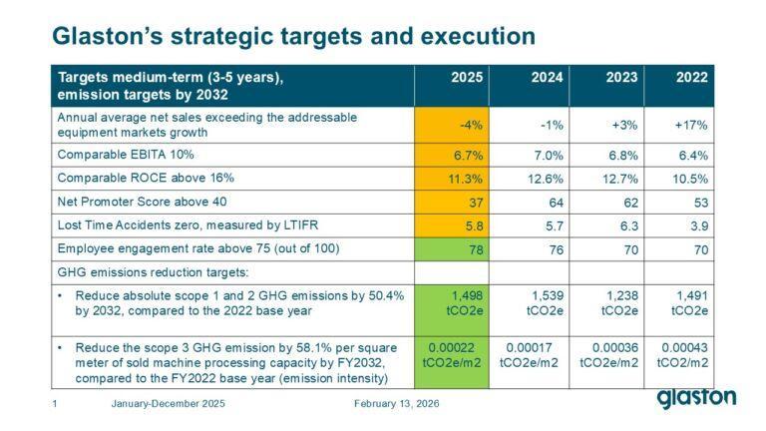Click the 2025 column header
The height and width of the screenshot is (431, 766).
[467, 77]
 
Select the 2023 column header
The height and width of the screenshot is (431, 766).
[621, 77]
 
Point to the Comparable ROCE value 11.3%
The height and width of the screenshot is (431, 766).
[465, 179]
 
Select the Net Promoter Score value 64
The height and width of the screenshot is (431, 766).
[556, 203]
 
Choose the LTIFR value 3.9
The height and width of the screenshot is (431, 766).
[699, 225]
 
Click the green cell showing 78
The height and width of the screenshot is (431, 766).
[452, 249]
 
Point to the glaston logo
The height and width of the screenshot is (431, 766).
[696, 398]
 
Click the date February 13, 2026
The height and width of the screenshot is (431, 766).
[396, 404]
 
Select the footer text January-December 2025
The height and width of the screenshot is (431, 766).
[168, 404]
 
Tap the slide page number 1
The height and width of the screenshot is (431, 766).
[55, 404]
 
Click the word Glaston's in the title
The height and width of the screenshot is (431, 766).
[107, 36]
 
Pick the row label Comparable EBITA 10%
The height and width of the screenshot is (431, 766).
[126, 155]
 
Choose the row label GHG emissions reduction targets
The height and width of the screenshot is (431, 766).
[153, 272]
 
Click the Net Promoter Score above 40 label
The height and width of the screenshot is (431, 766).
[142, 202]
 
